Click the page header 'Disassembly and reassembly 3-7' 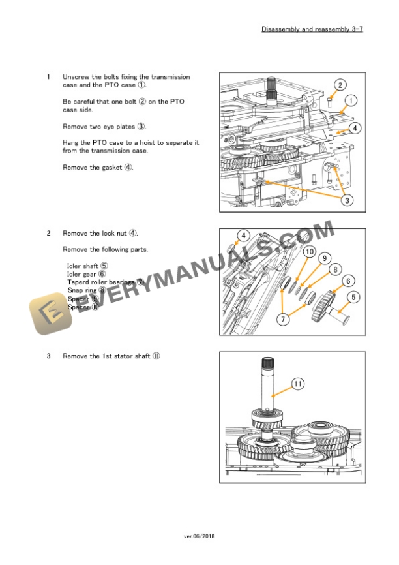pyautogui.click(x=312, y=29)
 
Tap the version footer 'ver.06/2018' pyautogui.click(x=199, y=536)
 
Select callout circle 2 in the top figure pyautogui.click(x=340, y=85)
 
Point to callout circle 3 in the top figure pyautogui.click(x=347, y=200)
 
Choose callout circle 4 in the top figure pyautogui.click(x=354, y=128)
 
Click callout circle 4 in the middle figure pyautogui.click(x=243, y=236)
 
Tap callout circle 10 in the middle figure pyautogui.click(x=309, y=252)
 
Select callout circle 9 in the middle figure pyautogui.click(x=324, y=258)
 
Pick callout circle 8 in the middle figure pyautogui.click(x=336, y=269)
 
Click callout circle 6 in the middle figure pyautogui.click(x=349, y=281)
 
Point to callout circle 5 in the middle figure pyautogui.click(x=354, y=298)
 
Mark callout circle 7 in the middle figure pyautogui.click(x=283, y=320)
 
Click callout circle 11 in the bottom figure pyautogui.click(x=297, y=384)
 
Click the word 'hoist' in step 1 pyautogui.click(x=141, y=142)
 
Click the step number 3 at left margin pyautogui.click(x=48, y=356)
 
